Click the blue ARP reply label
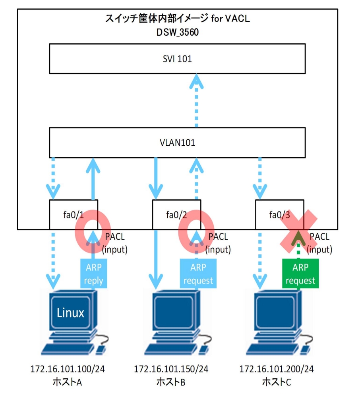[94, 274]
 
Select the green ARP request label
[300, 274]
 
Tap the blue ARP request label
[198, 274]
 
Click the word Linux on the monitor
[70, 313]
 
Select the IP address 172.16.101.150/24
[171, 369]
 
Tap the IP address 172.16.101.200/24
[277, 369]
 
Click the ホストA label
[68, 382]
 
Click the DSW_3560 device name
[177, 33]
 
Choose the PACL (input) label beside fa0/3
[319, 243]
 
